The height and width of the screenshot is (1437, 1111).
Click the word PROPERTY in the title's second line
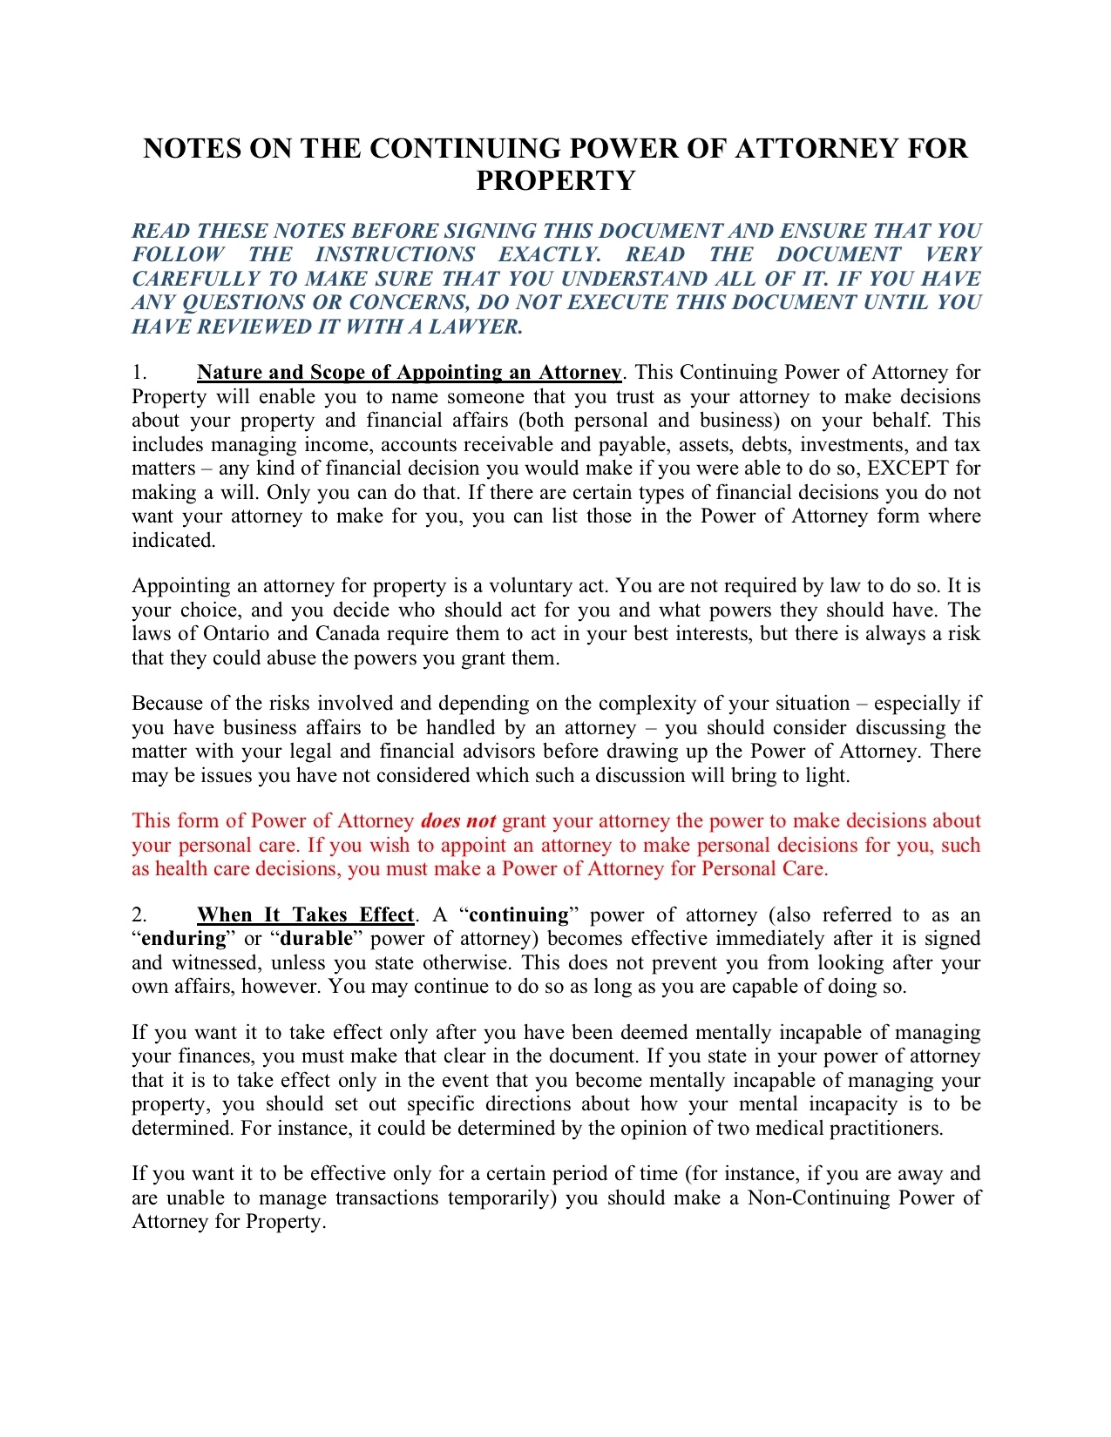pos(555,180)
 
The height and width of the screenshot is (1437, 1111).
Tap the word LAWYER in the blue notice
pos(475,327)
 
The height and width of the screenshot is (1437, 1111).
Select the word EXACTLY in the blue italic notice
pos(549,254)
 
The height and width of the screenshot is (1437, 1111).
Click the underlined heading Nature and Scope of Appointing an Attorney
pos(409,373)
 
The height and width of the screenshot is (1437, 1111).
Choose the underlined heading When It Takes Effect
pos(305,914)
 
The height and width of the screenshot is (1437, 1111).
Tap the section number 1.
pos(139,373)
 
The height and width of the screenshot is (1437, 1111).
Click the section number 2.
pos(139,914)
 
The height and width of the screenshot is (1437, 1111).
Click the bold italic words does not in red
pos(458,821)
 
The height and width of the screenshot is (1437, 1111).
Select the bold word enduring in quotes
pos(183,939)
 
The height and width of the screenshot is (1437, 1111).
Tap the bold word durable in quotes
pos(316,939)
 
